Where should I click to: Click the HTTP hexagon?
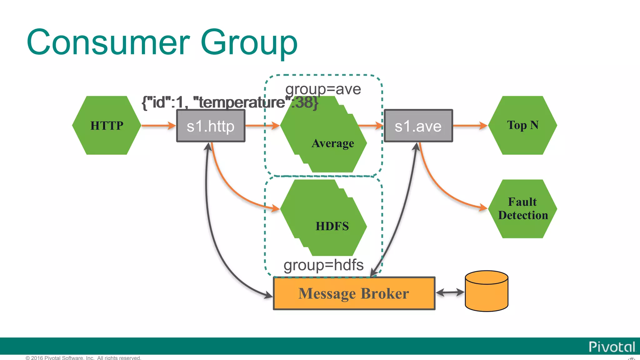(x=107, y=125)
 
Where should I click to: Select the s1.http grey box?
(x=211, y=126)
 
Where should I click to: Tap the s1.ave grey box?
(x=418, y=126)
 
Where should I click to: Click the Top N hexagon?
(x=522, y=125)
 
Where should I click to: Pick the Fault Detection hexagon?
(x=522, y=209)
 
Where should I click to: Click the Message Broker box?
(x=354, y=293)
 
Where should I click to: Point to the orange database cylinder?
(x=487, y=291)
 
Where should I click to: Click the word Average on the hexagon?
(x=333, y=143)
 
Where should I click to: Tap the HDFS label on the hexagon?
(x=332, y=226)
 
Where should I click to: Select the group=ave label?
(x=323, y=89)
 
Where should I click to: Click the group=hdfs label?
(x=323, y=265)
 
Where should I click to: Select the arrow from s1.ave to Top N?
(x=470, y=126)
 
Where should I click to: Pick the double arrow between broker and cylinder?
(x=450, y=292)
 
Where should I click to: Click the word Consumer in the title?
(x=108, y=42)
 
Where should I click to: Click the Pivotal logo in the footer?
(x=612, y=347)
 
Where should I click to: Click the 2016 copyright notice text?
(x=83, y=358)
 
